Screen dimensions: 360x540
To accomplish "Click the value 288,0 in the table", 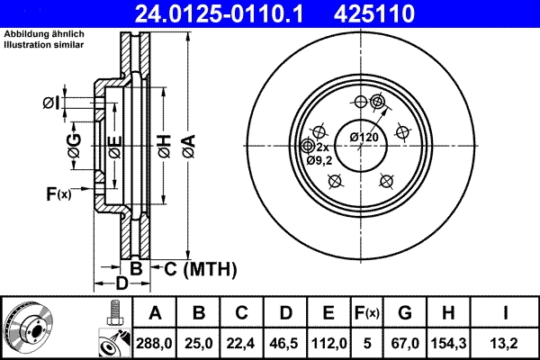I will (x=156, y=343).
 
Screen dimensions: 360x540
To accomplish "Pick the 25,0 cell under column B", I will (x=199, y=343).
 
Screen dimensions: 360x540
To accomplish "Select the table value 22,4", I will (x=241, y=343).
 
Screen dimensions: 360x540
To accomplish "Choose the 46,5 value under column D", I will (x=284, y=343).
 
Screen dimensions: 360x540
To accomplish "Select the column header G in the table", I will (x=405, y=313).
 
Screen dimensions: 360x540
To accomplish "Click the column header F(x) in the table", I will (x=368, y=313).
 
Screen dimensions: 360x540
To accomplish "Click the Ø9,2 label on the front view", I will (x=319, y=160).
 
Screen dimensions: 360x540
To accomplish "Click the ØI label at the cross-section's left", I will (x=51, y=103).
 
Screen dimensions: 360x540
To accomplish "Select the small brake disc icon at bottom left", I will (x=29, y=328).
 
